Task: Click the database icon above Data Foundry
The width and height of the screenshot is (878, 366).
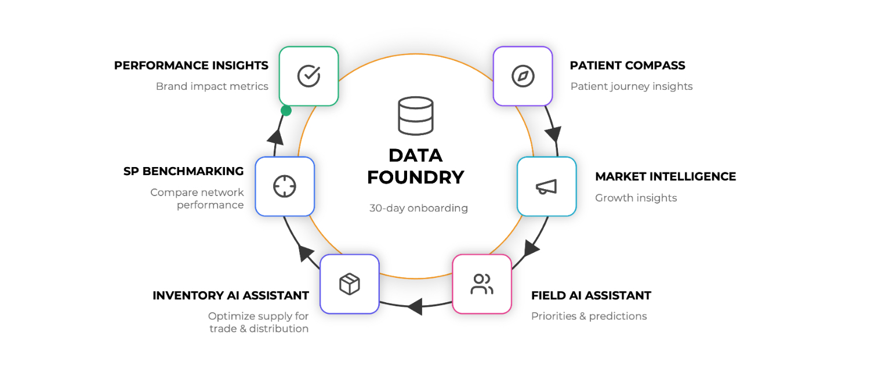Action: click(415, 116)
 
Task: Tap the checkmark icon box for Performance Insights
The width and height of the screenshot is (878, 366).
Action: click(309, 76)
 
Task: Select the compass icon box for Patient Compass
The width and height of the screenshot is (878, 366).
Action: click(523, 76)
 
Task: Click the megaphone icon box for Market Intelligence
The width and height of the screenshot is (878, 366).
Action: click(546, 186)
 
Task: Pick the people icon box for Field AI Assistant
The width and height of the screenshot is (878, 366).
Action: click(482, 284)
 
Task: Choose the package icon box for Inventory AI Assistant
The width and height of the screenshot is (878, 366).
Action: click(349, 284)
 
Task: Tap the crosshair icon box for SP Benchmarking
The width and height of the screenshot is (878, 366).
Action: click(285, 186)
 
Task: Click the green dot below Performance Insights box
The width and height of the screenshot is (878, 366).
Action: click(286, 110)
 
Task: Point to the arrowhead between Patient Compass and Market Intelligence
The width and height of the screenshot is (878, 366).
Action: click(553, 134)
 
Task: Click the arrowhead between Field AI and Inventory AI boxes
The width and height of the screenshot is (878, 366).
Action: click(414, 306)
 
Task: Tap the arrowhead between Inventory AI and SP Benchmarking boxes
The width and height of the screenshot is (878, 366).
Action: click(306, 253)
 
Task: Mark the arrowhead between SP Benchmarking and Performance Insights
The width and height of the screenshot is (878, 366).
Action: click(276, 137)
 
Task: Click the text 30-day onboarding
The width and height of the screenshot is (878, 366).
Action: click(418, 208)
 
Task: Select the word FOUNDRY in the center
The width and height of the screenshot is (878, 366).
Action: click(416, 177)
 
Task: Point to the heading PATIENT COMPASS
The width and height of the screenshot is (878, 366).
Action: click(627, 66)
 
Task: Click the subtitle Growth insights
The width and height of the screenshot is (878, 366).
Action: click(636, 198)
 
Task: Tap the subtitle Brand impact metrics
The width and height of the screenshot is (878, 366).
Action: click(212, 86)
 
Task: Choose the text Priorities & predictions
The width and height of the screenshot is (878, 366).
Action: click(589, 316)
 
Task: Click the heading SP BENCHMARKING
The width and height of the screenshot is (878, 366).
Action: click(183, 171)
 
